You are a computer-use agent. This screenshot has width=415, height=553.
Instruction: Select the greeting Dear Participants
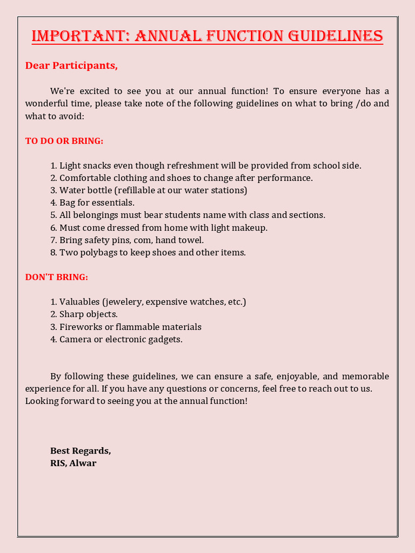pos(71,66)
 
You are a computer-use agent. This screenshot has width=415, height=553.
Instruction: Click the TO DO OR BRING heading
pos(64,141)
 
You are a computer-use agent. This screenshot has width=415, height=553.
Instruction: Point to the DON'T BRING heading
pos(56,277)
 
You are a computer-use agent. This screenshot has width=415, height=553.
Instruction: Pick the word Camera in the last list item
pos(76,340)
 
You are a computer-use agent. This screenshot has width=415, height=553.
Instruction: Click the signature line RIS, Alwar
pos(73,463)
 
